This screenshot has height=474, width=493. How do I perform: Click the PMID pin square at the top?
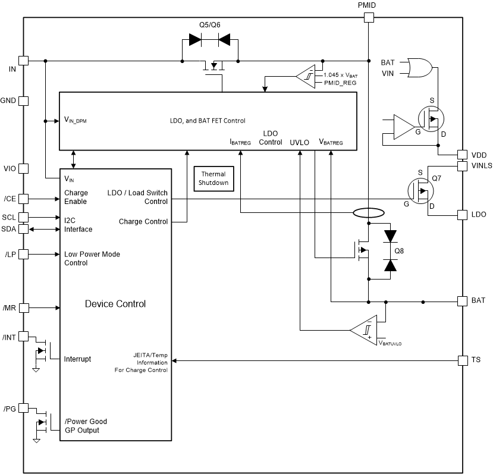click(368, 18)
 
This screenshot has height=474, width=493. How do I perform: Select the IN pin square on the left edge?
click(24, 61)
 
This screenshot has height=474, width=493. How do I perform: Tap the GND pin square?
click(24, 101)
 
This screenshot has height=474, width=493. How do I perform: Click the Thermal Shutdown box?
click(213, 178)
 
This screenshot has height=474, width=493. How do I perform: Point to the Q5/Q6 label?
click(209, 26)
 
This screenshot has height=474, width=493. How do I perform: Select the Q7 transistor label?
click(437, 178)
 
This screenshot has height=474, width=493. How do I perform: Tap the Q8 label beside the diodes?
click(400, 250)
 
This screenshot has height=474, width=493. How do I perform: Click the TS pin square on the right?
click(462, 360)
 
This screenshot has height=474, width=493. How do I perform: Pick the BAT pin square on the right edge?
click(462, 301)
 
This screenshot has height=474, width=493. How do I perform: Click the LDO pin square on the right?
click(462, 214)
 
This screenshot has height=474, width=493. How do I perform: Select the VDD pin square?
click(462, 154)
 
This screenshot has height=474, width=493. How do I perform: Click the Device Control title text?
click(115, 304)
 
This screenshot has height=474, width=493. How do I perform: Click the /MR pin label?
click(10, 307)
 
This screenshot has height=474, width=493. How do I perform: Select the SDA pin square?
click(24, 229)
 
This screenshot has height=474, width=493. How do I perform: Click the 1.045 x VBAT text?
click(340, 75)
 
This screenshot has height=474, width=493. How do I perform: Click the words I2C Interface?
click(78, 225)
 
